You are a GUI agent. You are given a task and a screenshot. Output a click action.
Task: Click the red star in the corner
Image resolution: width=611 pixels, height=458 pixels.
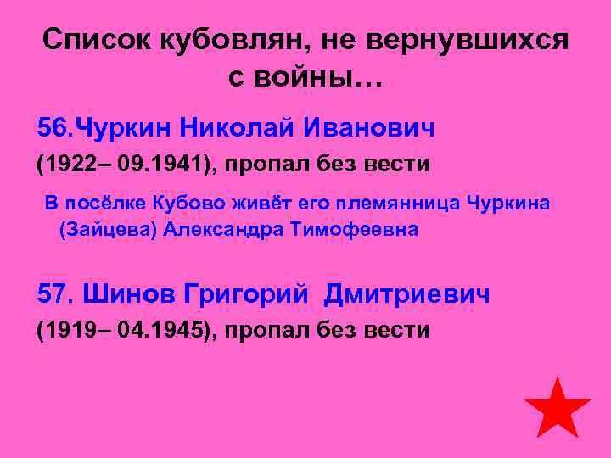(557, 409)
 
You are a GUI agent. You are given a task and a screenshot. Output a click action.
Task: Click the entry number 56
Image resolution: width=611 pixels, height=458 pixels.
(55, 128)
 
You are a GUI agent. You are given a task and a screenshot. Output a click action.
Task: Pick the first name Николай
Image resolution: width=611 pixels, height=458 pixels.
(227, 128)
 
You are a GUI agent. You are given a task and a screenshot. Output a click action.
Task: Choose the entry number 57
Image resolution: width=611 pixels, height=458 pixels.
(57, 294)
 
